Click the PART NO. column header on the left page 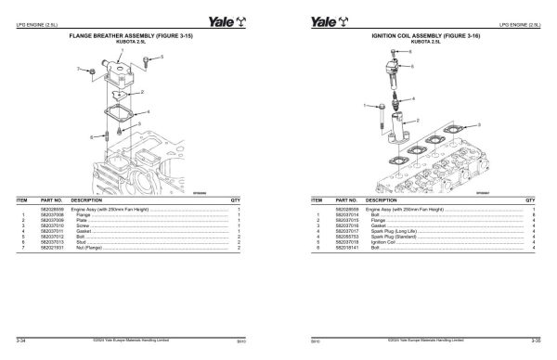click(x=52, y=199)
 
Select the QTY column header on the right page click(x=530, y=199)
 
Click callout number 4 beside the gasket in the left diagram click(x=138, y=113)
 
